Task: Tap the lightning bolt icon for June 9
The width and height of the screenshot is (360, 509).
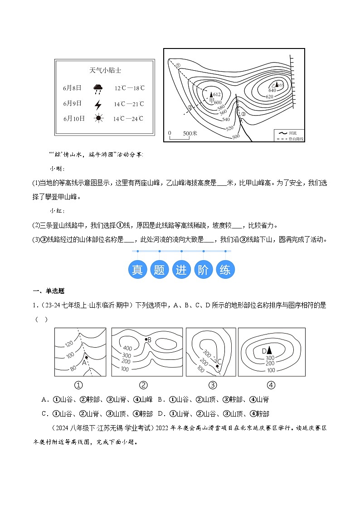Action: [x=98, y=104]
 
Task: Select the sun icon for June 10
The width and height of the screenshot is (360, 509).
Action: [x=98, y=119]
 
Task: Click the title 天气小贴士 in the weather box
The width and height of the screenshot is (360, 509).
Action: [x=105, y=71]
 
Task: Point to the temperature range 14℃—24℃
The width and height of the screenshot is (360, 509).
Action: [x=128, y=119]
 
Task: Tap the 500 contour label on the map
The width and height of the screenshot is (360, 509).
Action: [x=235, y=136]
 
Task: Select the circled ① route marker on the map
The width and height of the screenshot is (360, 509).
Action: [x=178, y=65]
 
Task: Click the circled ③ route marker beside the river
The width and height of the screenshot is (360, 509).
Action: [x=243, y=114]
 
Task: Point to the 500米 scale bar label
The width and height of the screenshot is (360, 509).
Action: [x=190, y=133]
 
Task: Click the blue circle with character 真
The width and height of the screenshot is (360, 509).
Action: [x=137, y=270]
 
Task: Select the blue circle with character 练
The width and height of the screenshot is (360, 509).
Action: [x=225, y=270]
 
